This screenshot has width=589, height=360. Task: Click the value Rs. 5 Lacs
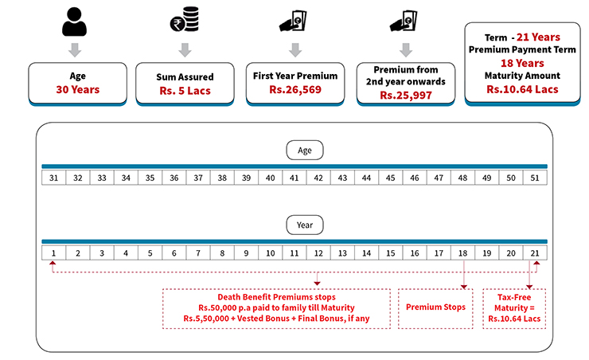(185, 91)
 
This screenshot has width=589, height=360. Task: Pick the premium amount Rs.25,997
(406, 94)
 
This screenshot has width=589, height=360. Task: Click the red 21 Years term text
(537, 37)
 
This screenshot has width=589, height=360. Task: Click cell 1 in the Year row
(53, 253)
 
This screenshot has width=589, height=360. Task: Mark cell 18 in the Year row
(462, 253)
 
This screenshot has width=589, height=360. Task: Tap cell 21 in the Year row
(535, 253)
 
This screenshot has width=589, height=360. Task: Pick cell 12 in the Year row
(318, 253)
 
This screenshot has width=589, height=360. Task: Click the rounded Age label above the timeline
(306, 150)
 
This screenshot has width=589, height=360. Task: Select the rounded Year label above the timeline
(306, 225)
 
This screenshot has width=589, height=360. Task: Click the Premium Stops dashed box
(435, 307)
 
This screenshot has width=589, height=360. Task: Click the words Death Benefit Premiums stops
(276, 296)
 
